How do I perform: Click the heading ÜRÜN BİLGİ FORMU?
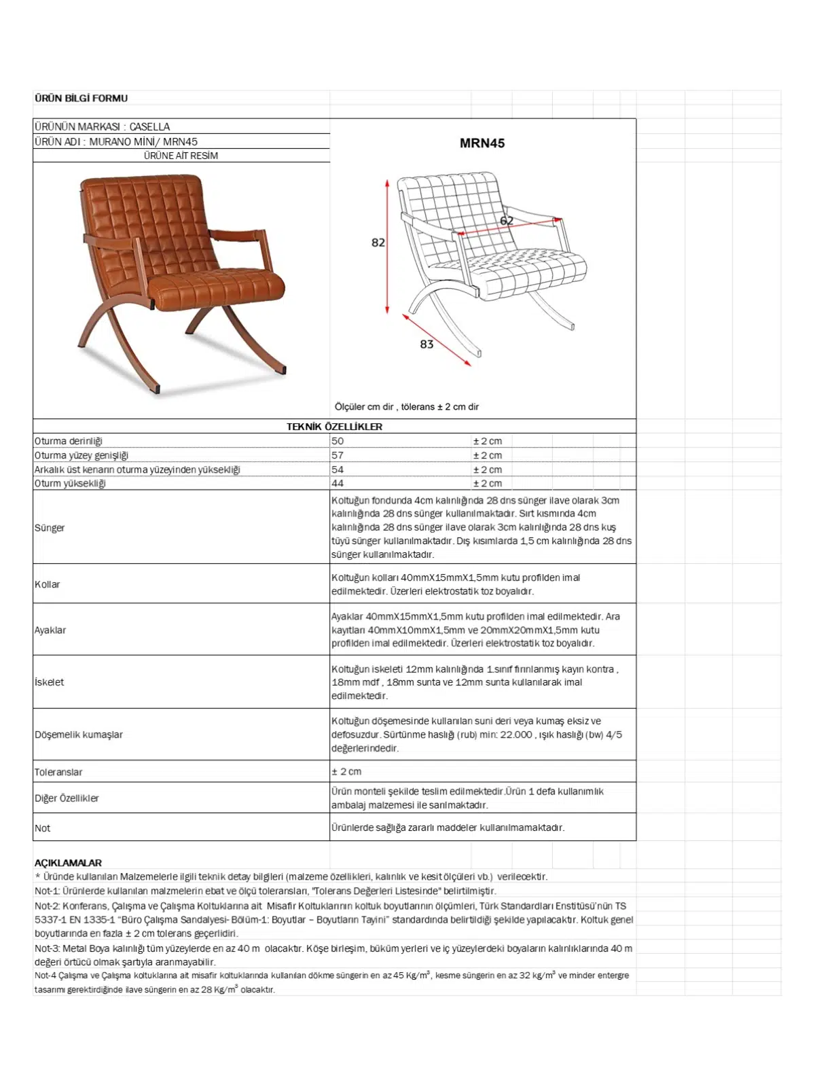coord(81,99)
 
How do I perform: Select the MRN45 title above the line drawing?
coord(482,143)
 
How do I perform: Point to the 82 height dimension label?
coord(378,243)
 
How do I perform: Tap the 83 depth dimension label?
coord(427,344)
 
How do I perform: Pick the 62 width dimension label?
coord(507,221)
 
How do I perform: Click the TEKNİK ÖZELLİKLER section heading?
coord(334,427)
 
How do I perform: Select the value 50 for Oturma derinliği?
coord(338,441)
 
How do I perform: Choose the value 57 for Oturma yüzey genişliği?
coord(338,455)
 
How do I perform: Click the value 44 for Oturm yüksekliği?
coord(338,484)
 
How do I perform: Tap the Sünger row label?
coord(50,528)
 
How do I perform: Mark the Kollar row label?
coord(48,584)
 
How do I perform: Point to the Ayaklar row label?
coord(50,630)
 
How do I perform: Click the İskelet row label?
coord(50,682)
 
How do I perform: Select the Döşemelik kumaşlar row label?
coord(79,734)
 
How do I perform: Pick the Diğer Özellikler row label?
coord(67,798)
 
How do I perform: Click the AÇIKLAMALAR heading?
coord(68,863)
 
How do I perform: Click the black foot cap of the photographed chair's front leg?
coord(157,391)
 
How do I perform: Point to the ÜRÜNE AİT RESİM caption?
coord(181,156)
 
